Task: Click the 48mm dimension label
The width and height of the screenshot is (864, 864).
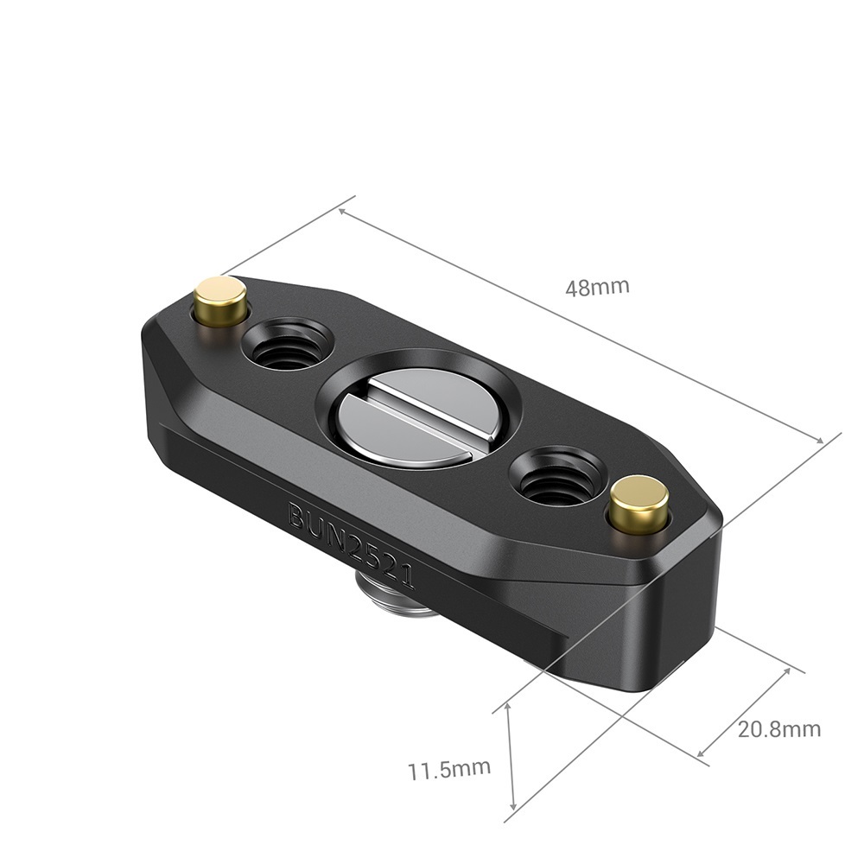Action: (597, 287)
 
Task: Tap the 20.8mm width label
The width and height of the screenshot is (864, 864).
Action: (778, 728)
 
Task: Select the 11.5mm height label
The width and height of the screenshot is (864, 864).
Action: (449, 767)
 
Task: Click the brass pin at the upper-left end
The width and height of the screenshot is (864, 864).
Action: (220, 300)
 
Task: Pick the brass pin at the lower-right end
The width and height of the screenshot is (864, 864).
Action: (639, 503)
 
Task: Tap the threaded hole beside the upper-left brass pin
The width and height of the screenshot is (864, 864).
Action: (287, 344)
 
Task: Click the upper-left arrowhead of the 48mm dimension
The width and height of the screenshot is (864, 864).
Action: (343, 211)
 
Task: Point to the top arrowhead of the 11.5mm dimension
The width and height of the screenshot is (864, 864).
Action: (508, 708)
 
